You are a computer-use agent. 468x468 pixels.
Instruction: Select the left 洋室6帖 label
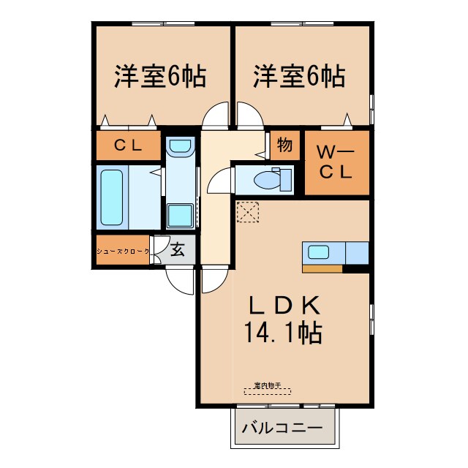point(159,76)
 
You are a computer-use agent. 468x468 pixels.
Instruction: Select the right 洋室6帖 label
point(299,76)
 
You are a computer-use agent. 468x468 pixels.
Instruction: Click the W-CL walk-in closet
point(336,162)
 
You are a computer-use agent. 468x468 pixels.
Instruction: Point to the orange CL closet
point(128,146)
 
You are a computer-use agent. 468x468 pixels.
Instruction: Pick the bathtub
point(111,197)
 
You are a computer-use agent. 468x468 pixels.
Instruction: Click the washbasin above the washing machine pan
point(178,147)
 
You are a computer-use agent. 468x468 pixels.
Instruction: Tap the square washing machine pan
point(179,216)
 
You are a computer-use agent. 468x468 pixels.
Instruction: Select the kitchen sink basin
point(319,252)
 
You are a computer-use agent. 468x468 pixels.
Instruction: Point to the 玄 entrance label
point(178,250)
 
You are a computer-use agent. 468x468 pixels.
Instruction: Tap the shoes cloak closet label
point(123,251)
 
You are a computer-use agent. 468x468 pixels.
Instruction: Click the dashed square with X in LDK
point(248,212)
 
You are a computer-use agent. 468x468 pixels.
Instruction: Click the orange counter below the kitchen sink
point(322,268)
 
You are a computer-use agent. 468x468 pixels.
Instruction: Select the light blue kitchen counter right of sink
point(357,252)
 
